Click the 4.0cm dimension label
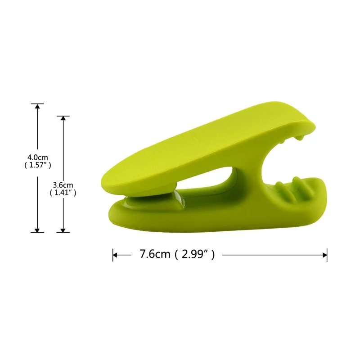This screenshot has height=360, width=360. click(x=38, y=157)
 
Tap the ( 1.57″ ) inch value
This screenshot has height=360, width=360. click(x=38, y=165)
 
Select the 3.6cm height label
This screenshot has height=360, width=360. click(x=63, y=185)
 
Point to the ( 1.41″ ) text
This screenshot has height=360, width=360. click(x=63, y=193)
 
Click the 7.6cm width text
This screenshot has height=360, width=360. click(x=155, y=254)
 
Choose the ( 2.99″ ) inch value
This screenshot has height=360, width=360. click(x=195, y=255)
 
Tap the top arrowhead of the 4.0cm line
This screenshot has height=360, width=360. click(x=37, y=106)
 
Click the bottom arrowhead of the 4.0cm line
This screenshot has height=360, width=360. click(x=37, y=230)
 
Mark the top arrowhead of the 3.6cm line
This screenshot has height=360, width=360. click(x=63, y=118)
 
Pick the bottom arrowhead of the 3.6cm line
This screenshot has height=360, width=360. click(x=63, y=230)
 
